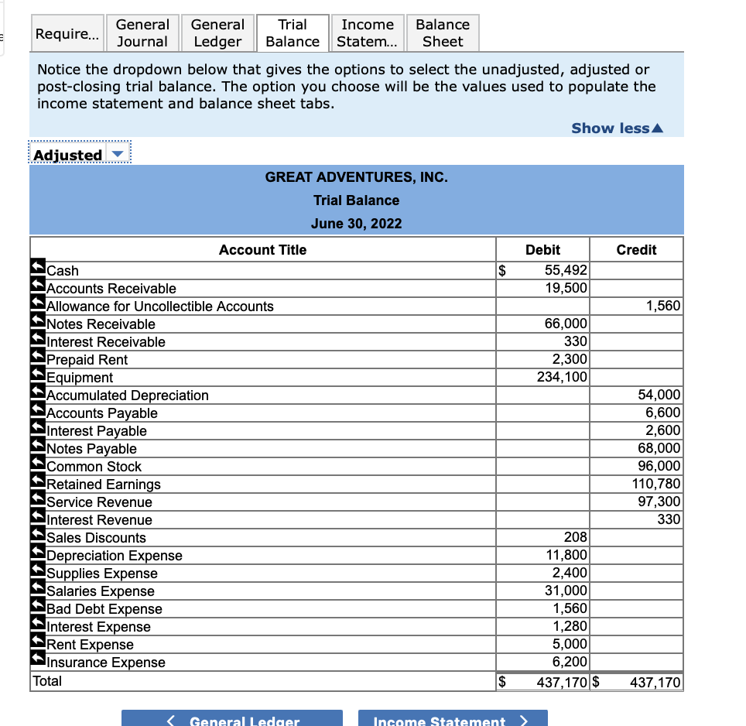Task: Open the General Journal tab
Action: click(142, 33)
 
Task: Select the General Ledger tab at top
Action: click(217, 33)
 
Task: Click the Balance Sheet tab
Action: click(443, 33)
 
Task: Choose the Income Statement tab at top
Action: click(368, 33)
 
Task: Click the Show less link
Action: click(617, 128)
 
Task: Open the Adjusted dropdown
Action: click(78, 155)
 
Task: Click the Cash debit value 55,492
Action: click(566, 271)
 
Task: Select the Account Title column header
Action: click(262, 250)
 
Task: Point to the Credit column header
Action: click(636, 250)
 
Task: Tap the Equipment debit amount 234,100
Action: click(563, 378)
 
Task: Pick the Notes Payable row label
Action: click(91, 449)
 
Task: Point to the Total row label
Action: click(47, 681)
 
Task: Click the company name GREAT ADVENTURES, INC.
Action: click(356, 177)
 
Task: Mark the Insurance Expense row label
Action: click(106, 663)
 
